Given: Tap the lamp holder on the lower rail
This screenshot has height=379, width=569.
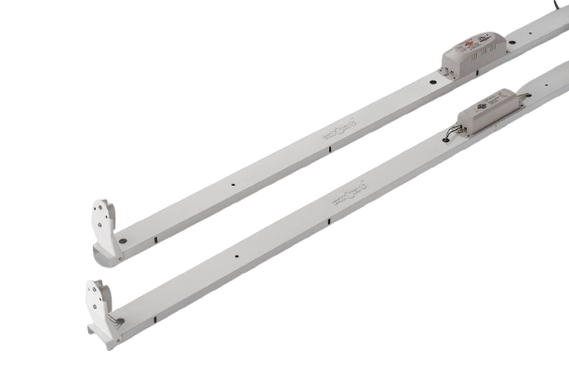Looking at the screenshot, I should point(99,297).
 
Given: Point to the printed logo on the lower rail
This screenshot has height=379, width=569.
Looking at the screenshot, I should point(351,195).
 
